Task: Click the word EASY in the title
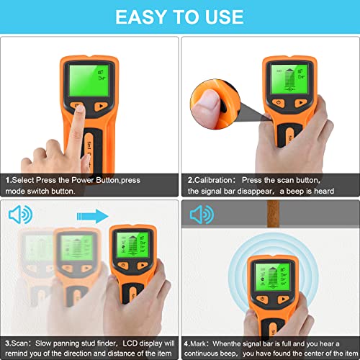click(142, 16)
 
